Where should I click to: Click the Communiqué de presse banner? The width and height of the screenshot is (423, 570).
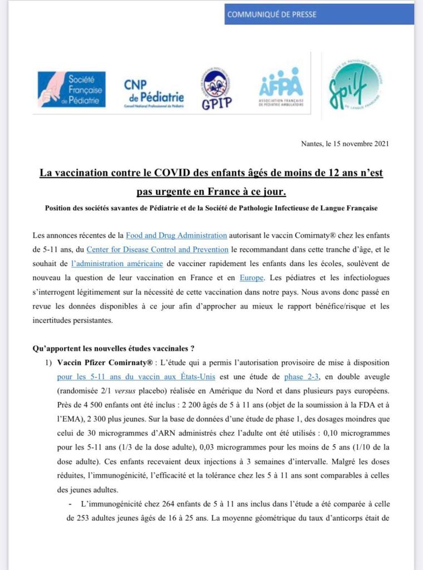319,14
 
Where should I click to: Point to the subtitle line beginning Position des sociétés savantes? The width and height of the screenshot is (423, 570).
211,208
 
